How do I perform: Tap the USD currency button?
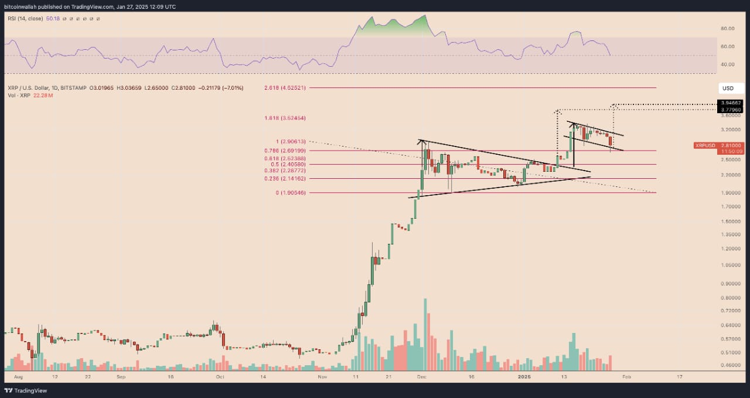pos(728,89)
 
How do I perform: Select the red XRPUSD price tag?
pos(711,148)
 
